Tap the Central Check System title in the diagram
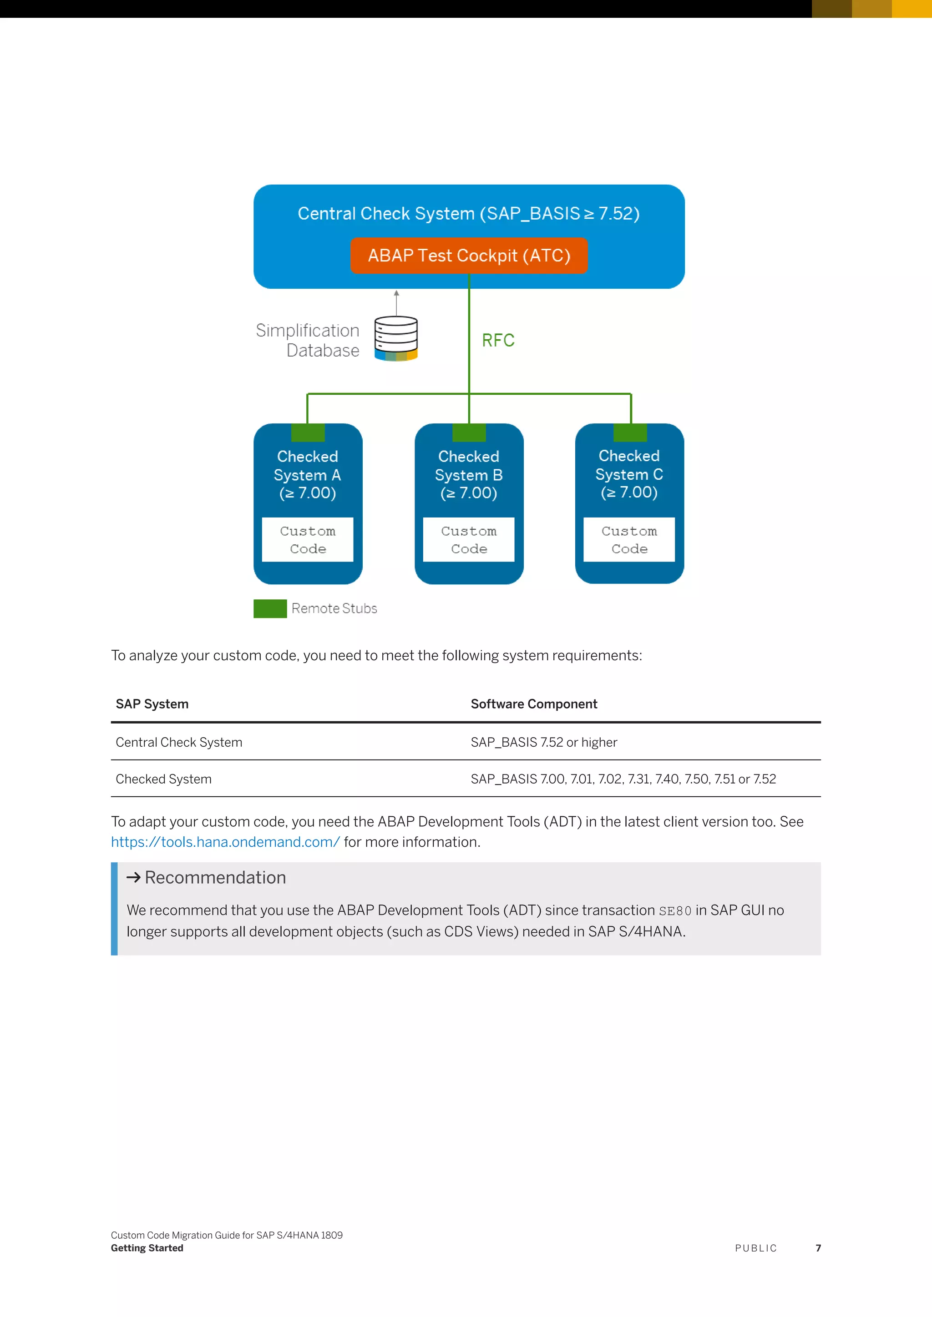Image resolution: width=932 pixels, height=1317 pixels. [x=468, y=213]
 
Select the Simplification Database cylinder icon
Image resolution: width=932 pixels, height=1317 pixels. [x=396, y=338]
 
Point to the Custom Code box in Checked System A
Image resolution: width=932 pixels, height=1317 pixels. [x=308, y=540]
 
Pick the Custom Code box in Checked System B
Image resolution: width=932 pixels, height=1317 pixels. [x=469, y=540]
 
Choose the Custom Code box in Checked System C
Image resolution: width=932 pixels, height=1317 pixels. [x=629, y=540]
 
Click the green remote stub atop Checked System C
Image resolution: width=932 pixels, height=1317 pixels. [x=630, y=432]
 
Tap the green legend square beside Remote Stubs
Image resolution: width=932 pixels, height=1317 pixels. [x=270, y=608]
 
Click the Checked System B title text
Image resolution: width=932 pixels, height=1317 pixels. [x=469, y=474]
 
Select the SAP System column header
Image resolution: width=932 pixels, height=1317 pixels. [x=152, y=704]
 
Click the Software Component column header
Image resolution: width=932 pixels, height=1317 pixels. [x=534, y=704]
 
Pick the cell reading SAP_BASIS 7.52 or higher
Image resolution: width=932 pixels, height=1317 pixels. [x=543, y=742]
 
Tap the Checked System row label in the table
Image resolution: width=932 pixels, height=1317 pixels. [x=163, y=779]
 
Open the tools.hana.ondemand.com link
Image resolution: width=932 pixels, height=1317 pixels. [x=225, y=842]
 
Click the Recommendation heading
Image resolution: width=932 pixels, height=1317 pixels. [x=215, y=878]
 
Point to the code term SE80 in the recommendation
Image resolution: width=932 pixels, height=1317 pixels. [x=675, y=911]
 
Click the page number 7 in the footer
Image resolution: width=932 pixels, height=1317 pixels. [x=818, y=1248]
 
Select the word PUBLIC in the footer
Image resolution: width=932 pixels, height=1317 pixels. [x=756, y=1248]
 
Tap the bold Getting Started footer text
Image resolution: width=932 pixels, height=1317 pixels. [x=147, y=1248]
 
